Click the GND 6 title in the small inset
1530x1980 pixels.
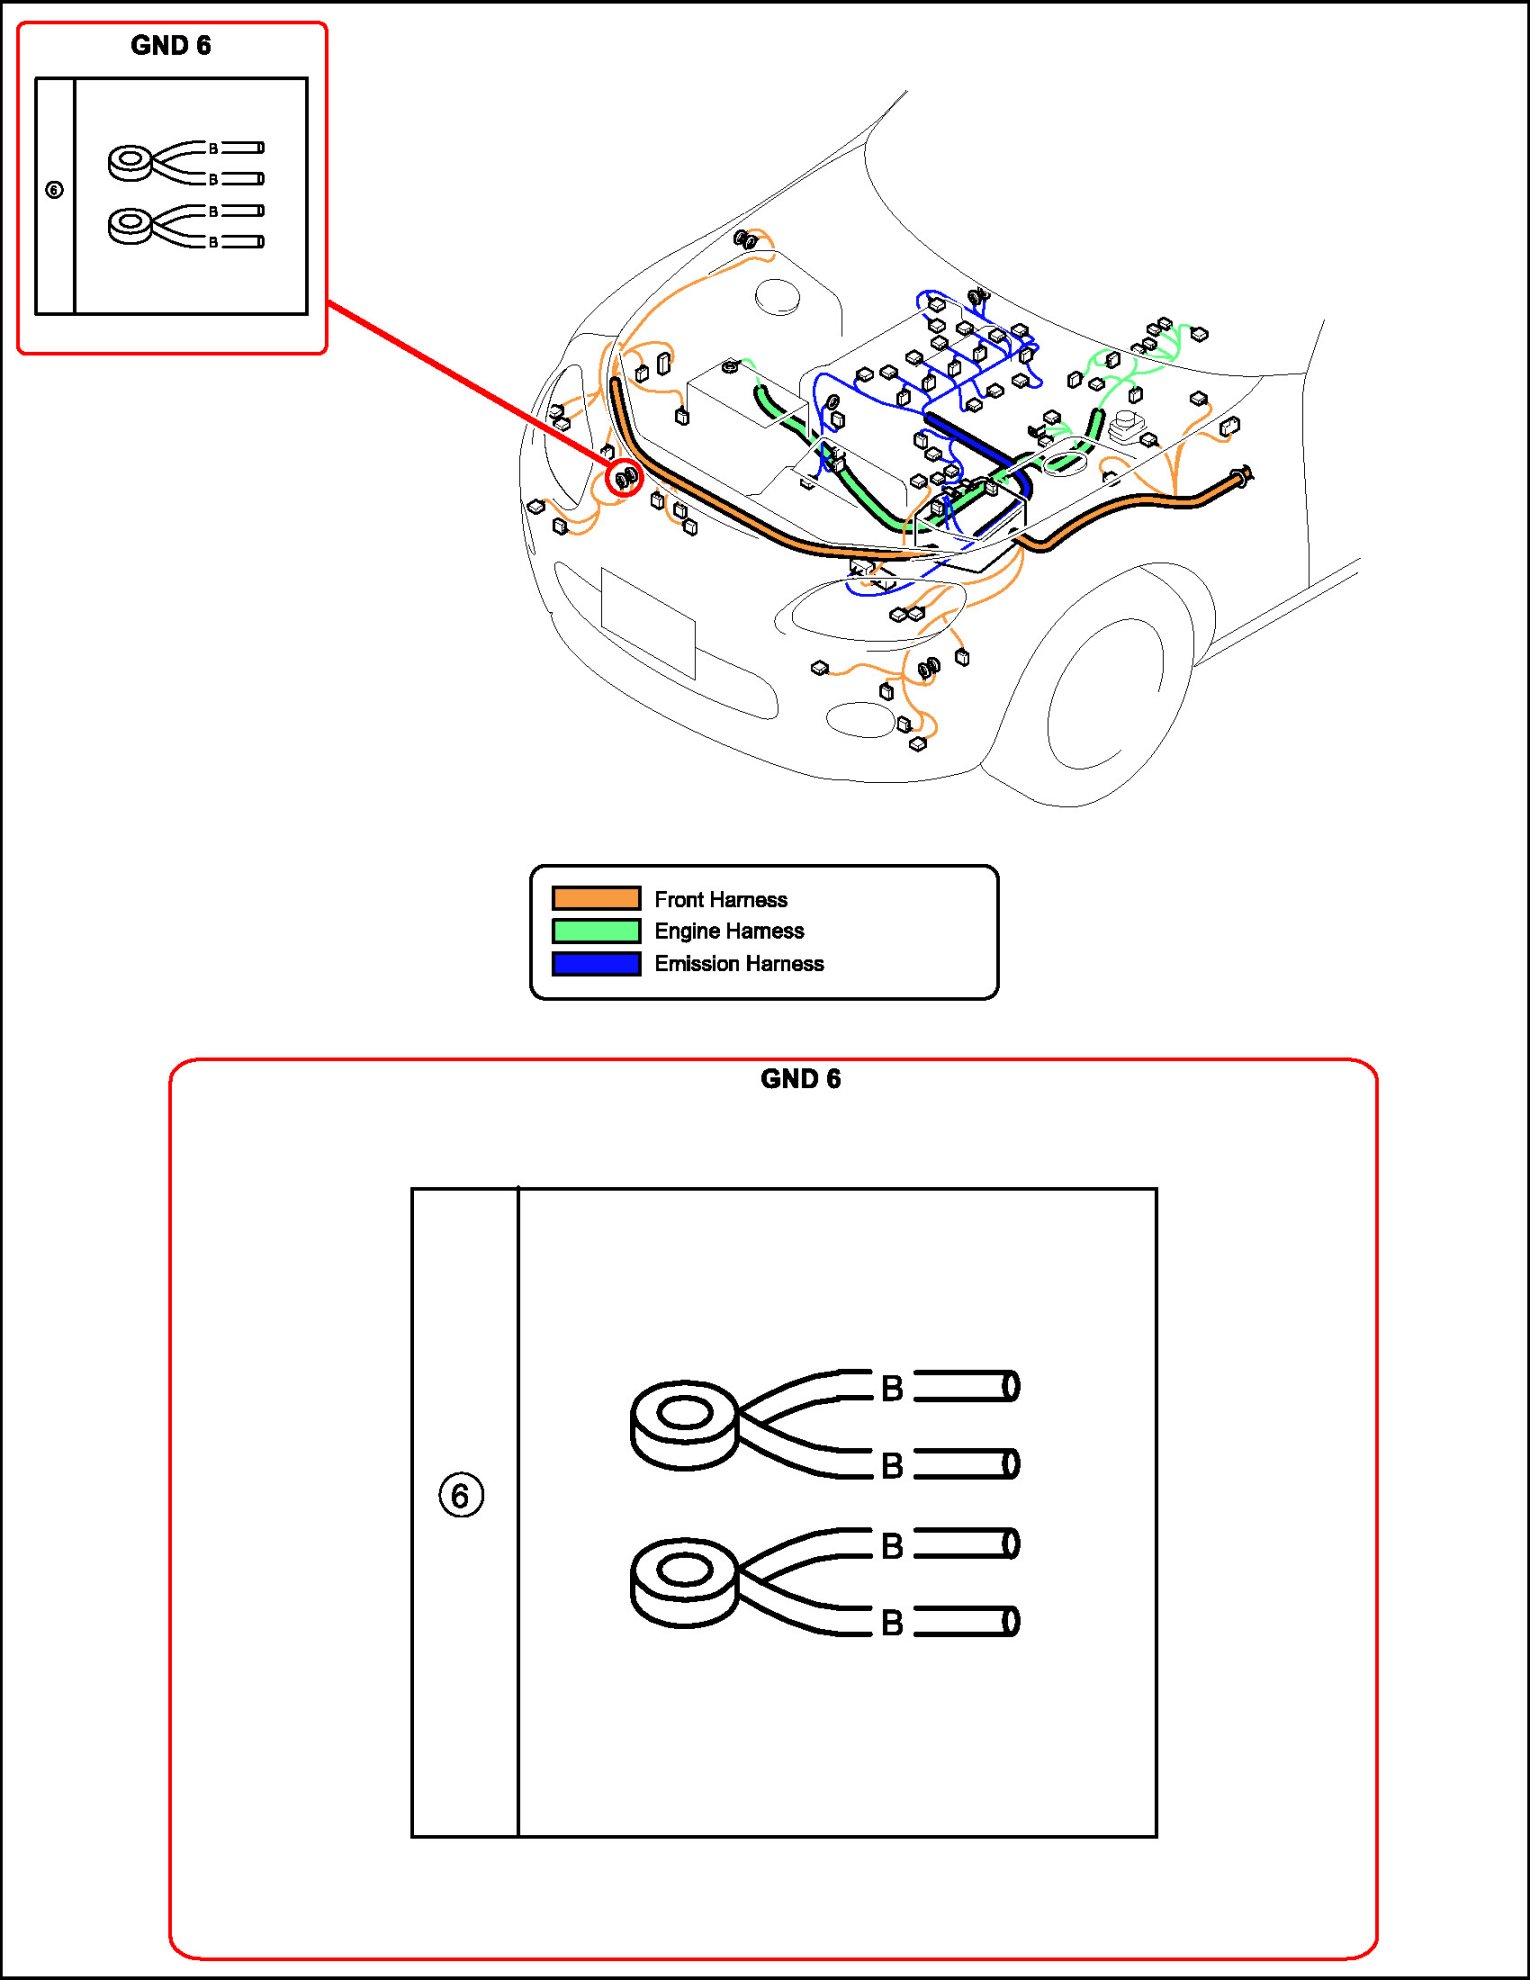pyautogui.click(x=170, y=45)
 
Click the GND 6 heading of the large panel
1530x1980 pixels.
pyautogui.click(x=800, y=1078)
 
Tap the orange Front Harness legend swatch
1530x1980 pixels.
pyautogui.click(x=596, y=898)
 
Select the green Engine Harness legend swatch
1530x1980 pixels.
pyautogui.click(x=596, y=931)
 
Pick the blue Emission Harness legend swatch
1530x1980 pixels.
pyautogui.click(x=596, y=963)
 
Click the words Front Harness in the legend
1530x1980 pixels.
pyautogui.click(x=720, y=899)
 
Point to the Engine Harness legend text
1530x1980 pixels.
pyautogui.click(x=729, y=931)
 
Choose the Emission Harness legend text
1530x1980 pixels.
pyautogui.click(x=739, y=963)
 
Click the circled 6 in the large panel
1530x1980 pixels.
pyautogui.click(x=461, y=1495)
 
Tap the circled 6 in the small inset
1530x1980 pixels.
pyautogui.click(x=54, y=189)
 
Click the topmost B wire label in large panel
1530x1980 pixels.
pyautogui.click(x=892, y=1388)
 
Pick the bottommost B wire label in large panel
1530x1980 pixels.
pyautogui.click(x=892, y=1622)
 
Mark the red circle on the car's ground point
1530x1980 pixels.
pyautogui.click(x=625, y=479)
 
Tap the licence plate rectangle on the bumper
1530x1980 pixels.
pyautogui.click(x=648, y=622)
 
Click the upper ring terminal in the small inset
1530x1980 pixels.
pyautogui.click(x=130, y=162)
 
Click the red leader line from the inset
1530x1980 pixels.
pyautogui.click(x=470, y=386)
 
